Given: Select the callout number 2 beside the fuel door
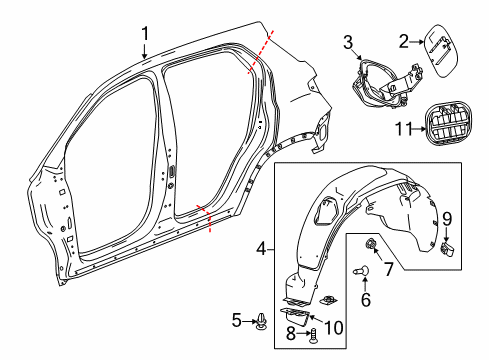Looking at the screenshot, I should tap(404, 41).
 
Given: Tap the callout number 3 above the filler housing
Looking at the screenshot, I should tap(349, 41).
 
